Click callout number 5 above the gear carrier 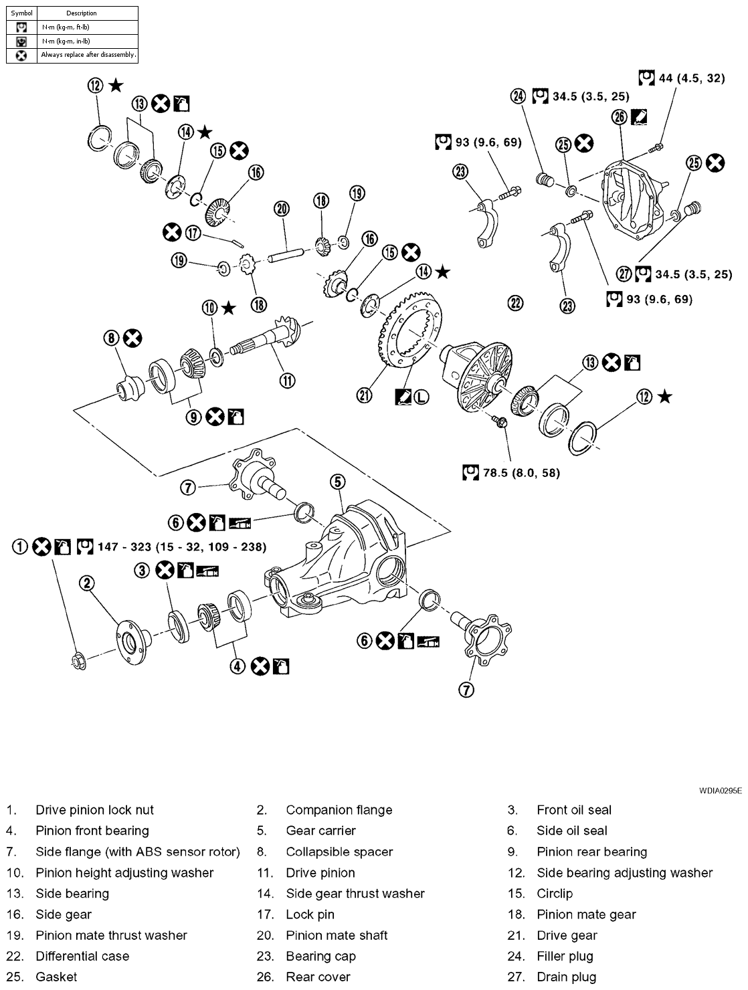337,481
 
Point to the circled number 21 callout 364,395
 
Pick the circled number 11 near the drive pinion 287,381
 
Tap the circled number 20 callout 282,209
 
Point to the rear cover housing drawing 632,195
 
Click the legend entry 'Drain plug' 566,977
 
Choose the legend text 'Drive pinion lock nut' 94,810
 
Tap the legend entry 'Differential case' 82,956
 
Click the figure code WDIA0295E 720,790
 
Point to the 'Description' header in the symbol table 81,13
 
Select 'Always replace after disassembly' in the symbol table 88,55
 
